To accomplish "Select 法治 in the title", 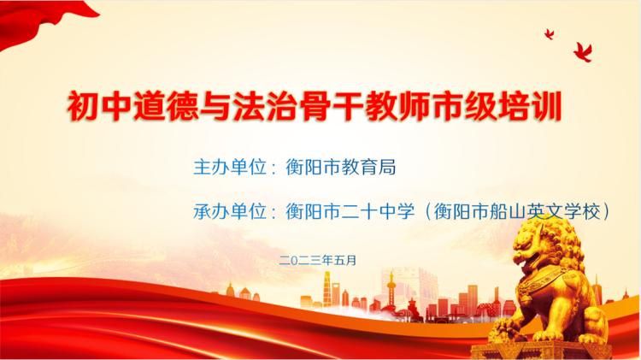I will click(x=256, y=109).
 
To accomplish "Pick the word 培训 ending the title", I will click(x=531, y=109).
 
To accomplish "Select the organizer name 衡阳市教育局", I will click(x=342, y=168).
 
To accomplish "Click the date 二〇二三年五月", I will click(x=317, y=258).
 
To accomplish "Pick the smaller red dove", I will click(x=549, y=34).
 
